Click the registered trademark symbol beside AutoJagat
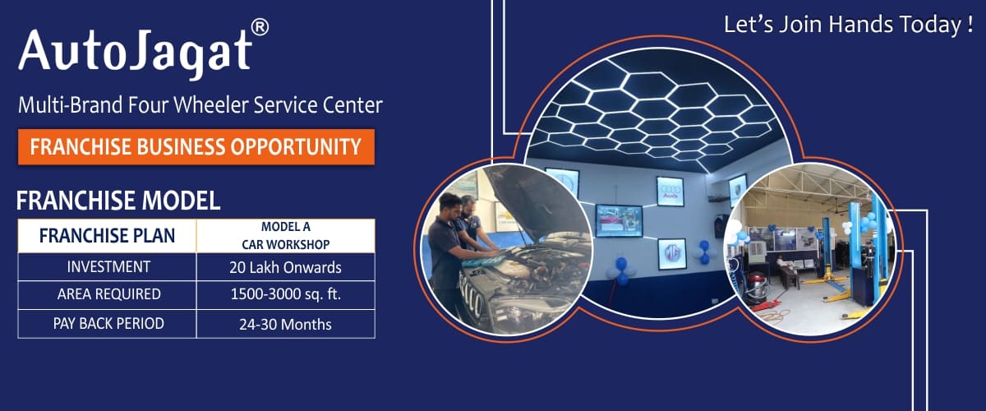coord(260,27)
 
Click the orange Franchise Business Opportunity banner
coord(196,147)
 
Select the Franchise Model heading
coord(118,201)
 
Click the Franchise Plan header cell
coord(107,236)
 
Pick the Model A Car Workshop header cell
coord(286,236)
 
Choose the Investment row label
coord(108,267)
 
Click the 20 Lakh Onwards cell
coord(286,267)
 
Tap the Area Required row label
coord(108,294)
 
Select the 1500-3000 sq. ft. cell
coord(286,294)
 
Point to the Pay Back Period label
coord(108,324)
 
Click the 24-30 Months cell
coord(286,325)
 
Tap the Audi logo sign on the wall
coord(670,192)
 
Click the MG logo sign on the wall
coord(672,253)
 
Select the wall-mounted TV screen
coord(619,220)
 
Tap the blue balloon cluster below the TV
coord(621,270)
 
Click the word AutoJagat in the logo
coord(135,53)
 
